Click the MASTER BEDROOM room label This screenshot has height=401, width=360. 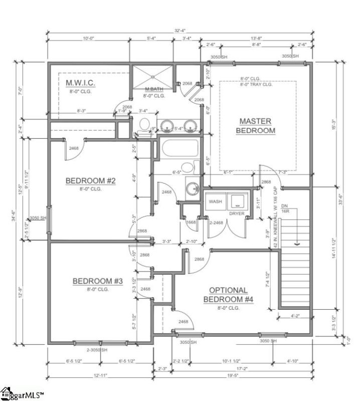pyautogui.click(x=255, y=126)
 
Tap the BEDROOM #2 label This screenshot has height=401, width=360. pyautogui.click(x=91, y=180)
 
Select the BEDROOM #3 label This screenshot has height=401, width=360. pyautogui.click(x=97, y=281)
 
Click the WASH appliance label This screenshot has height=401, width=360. pyautogui.click(x=216, y=201)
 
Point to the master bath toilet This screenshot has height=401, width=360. pyautogui.click(x=143, y=124)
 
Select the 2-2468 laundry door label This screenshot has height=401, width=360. pyautogui.click(x=216, y=223)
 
